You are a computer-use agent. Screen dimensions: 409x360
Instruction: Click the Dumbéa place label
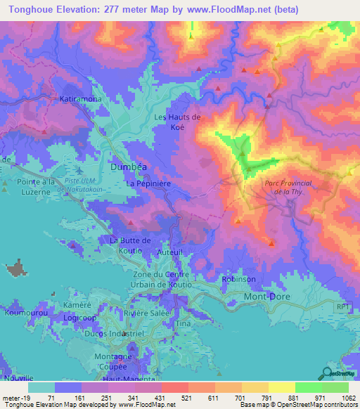point(129,167)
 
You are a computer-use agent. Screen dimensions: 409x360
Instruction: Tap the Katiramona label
point(81,99)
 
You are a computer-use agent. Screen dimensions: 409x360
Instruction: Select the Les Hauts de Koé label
point(177,122)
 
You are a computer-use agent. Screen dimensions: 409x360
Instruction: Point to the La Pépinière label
point(150,183)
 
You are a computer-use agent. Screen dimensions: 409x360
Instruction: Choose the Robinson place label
point(238,279)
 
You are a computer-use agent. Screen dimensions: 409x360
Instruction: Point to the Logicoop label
point(79,317)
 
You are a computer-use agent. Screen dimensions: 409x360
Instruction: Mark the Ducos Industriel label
point(102,334)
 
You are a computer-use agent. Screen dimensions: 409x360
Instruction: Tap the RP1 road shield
point(342,306)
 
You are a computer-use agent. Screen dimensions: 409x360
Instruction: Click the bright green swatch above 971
point(309,387)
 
